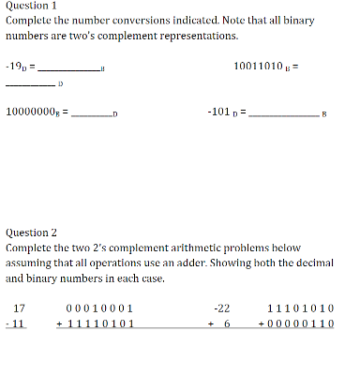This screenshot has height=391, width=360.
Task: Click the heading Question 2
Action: pos(31,232)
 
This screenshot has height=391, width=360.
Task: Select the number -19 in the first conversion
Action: pos(17,67)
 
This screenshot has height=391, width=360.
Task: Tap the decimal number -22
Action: pos(222,308)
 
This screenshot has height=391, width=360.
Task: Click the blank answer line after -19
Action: pos(69,70)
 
